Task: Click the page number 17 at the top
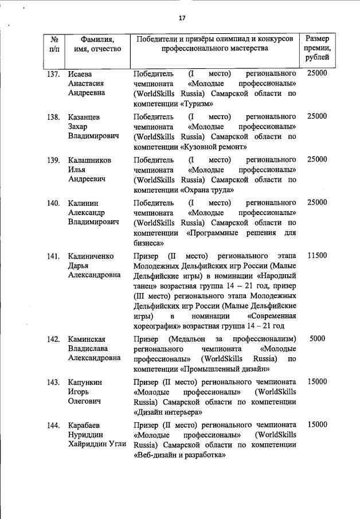tap(182, 18)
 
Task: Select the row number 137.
tap(53, 74)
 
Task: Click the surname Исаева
tap(81, 74)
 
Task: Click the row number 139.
tap(53, 159)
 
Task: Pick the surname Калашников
tap(89, 159)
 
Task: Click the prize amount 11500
tap(317, 256)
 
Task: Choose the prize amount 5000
tap(318, 338)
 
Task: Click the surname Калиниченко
tap(91, 256)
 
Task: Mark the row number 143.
tap(53, 381)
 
